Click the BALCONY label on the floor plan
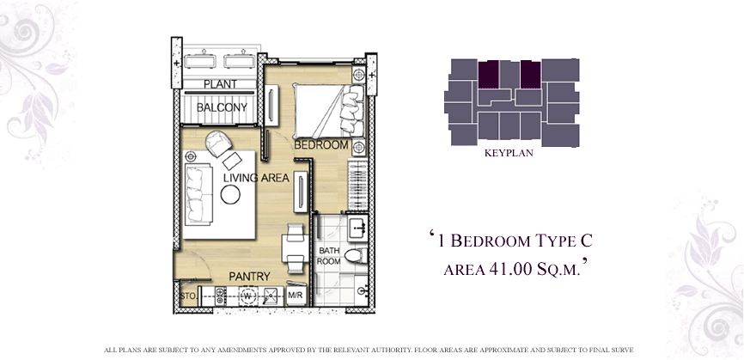click(x=222, y=107)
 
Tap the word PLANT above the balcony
click(x=220, y=84)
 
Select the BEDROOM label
click(x=321, y=145)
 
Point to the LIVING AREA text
click(x=256, y=178)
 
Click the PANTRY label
click(x=250, y=277)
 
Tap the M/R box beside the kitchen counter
click(x=296, y=296)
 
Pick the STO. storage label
click(x=186, y=296)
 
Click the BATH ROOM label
click(x=329, y=256)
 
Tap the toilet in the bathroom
click(x=356, y=256)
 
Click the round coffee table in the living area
click(x=230, y=194)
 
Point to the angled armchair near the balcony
click(x=219, y=143)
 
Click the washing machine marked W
click(x=247, y=296)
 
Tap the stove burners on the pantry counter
click(x=221, y=296)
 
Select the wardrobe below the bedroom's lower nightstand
click(x=357, y=185)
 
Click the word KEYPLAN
click(x=509, y=153)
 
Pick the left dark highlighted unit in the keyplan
click(x=488, y=74)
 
